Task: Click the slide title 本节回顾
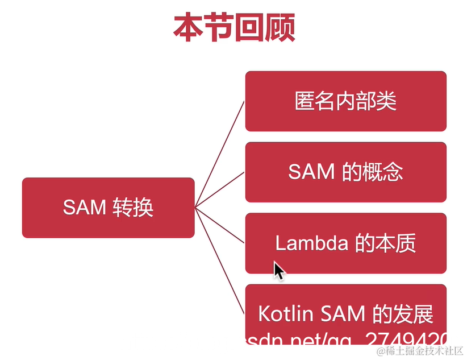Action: click(234, 28)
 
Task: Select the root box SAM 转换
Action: click(108, 208)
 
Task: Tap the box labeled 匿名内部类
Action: click(345, 101)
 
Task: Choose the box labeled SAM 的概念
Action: click(345, 172)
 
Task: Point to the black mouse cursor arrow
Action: click(278, 270)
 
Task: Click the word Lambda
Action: click(311, 243)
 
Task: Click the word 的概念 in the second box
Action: click(372, 172)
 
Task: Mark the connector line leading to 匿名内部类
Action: click(220, 154)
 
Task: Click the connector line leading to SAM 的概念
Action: click(220, 189)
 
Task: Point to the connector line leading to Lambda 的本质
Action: click(220, 225)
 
